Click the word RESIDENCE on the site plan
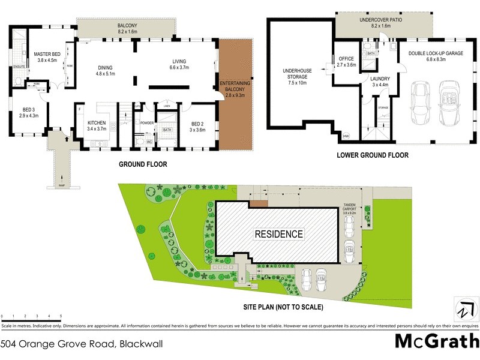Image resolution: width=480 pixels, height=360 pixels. (x=279, y=233)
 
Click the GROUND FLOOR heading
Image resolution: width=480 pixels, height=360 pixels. (x=143, y=164)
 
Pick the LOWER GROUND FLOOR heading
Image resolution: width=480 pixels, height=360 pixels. (x=373, y=155)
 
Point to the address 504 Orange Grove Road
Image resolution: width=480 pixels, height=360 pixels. (x=82, y=344)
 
